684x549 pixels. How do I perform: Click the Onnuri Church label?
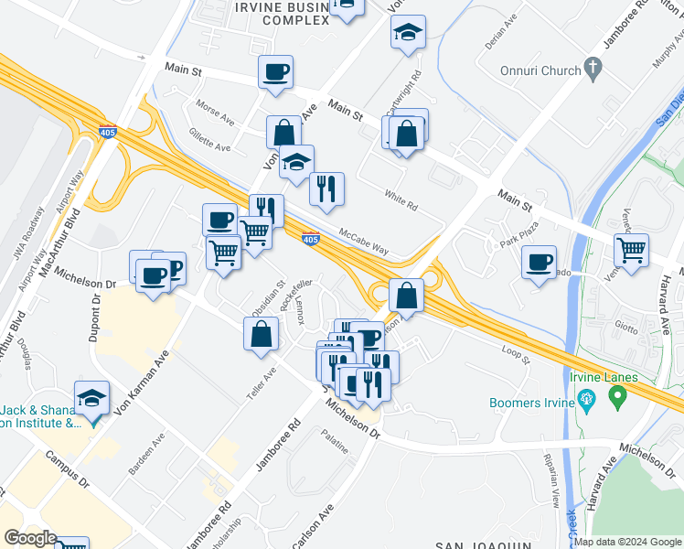540,70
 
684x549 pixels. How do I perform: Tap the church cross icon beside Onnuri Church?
593,68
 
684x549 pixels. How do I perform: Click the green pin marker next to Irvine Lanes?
617,397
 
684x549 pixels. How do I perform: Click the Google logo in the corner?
29,538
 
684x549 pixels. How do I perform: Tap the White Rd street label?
401,197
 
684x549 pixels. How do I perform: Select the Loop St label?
515,353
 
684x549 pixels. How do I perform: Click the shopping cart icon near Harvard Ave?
631,248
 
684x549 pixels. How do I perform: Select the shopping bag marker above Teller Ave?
262,333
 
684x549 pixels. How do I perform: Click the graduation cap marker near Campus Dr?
92,398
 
